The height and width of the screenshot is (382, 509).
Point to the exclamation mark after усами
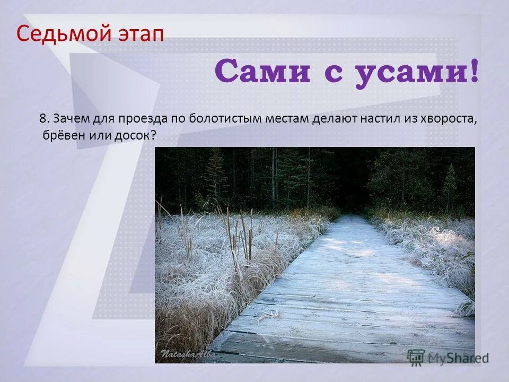(473, 71)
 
